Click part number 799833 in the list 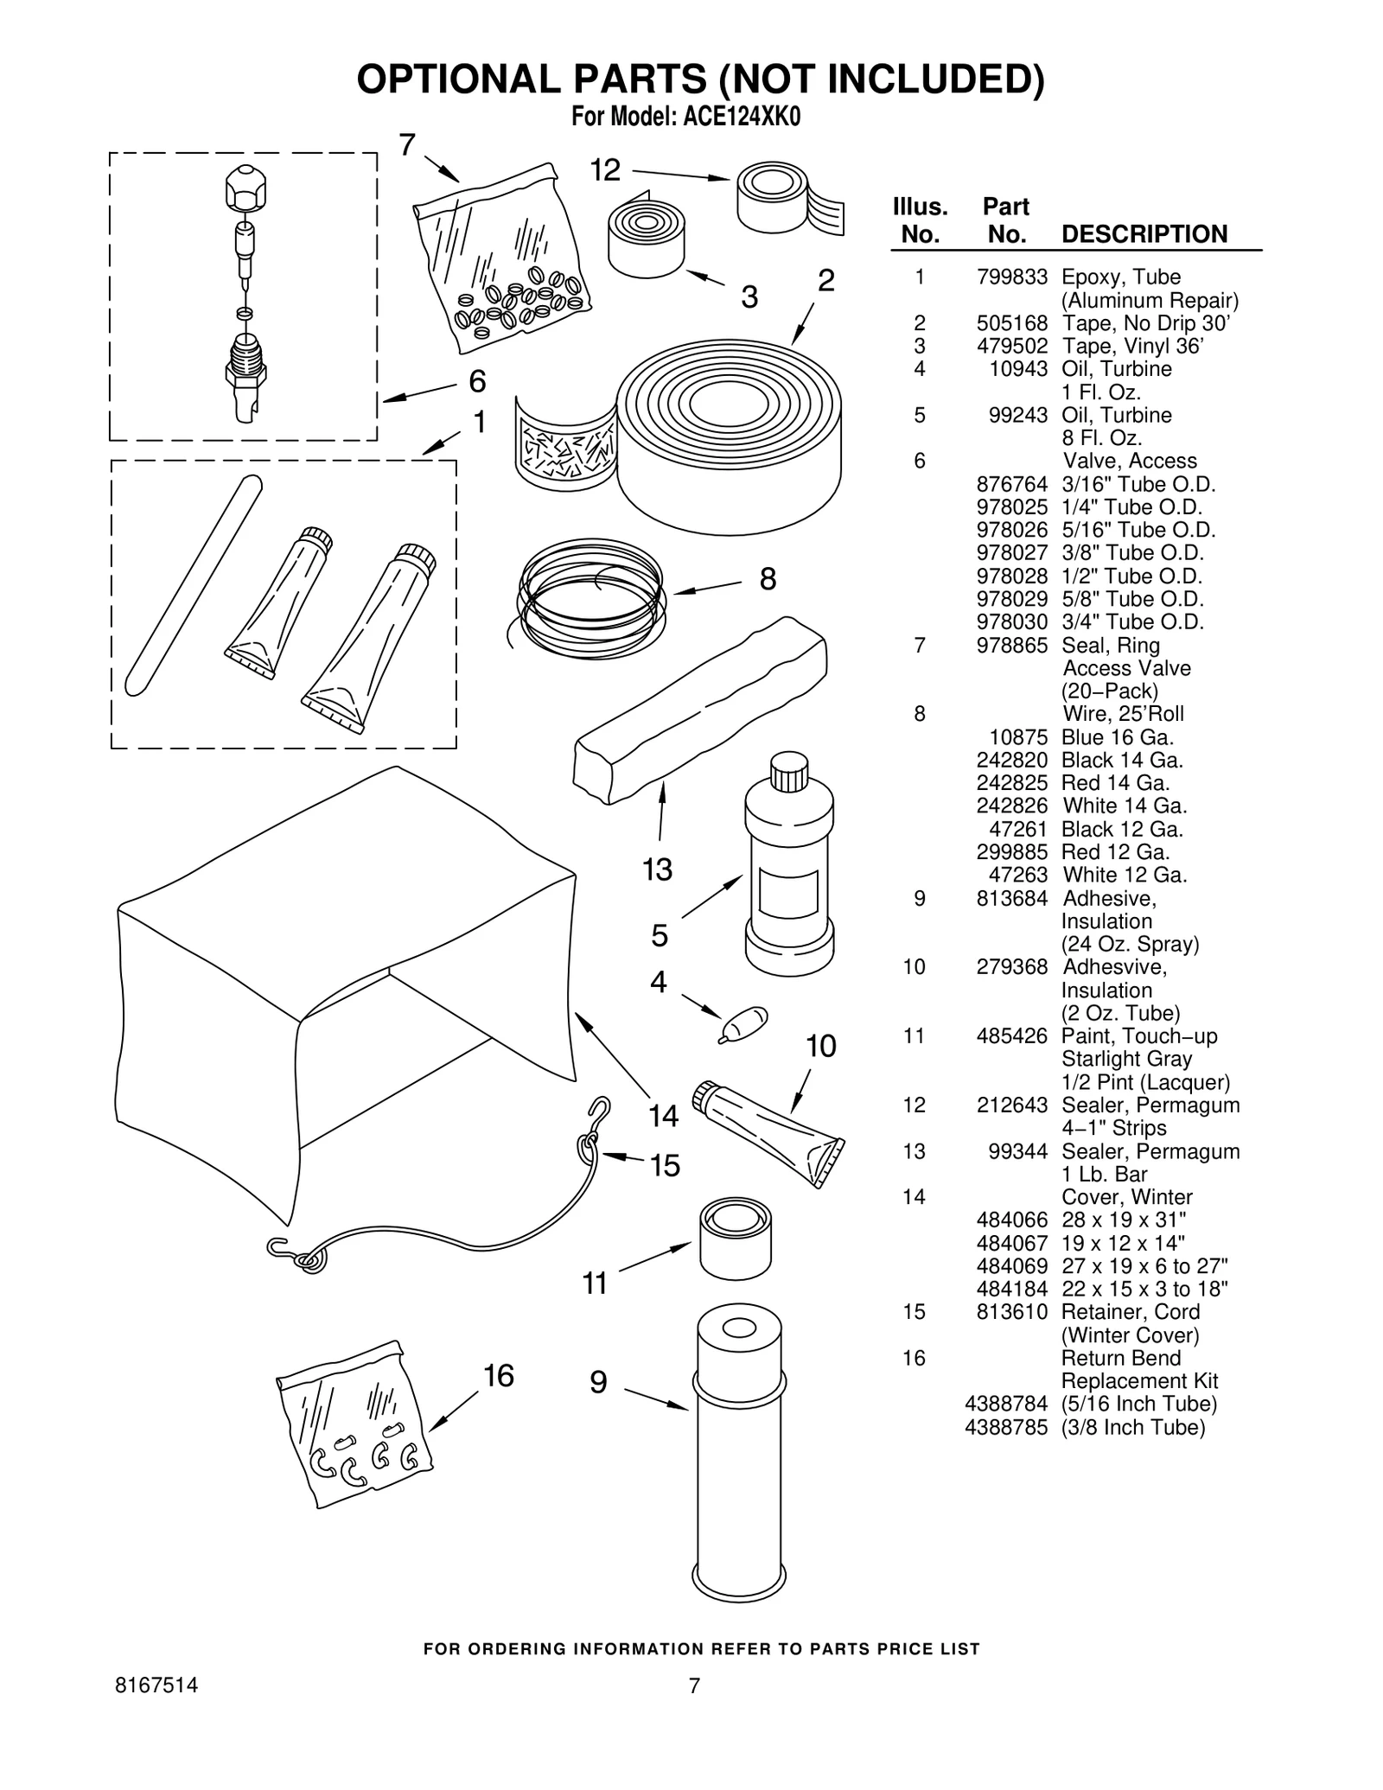[1010, 277]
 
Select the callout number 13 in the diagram [657, 869]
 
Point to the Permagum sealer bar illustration [700, 710]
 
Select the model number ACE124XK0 [742, 118]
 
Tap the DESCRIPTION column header [1144, 234]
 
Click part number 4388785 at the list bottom [1005, 1427]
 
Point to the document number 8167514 [156, 1685]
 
